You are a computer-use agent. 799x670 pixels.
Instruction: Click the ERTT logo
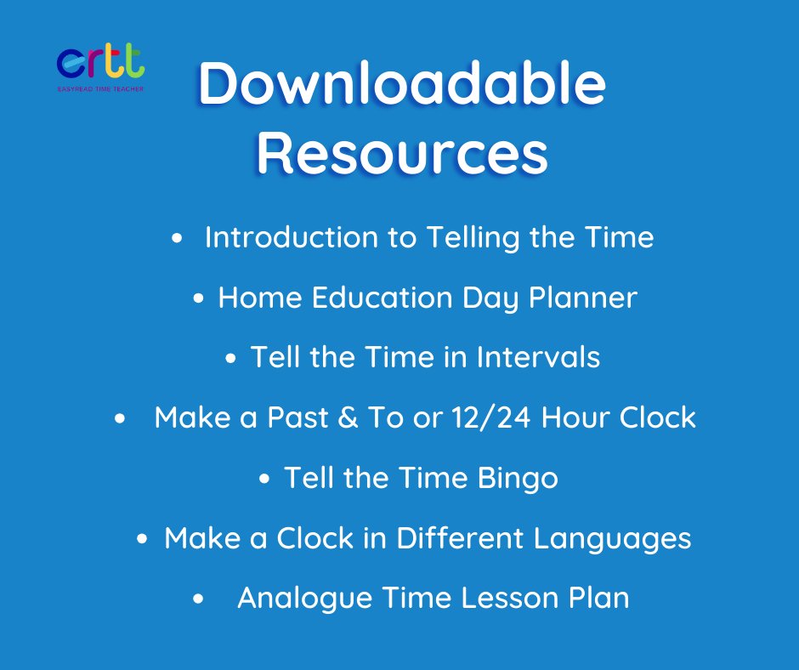100,62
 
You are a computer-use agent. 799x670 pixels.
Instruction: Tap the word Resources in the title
401,153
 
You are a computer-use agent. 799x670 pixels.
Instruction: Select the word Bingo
518,478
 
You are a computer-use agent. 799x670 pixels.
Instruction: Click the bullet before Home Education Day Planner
199,299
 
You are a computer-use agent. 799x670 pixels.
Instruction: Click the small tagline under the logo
100,86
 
